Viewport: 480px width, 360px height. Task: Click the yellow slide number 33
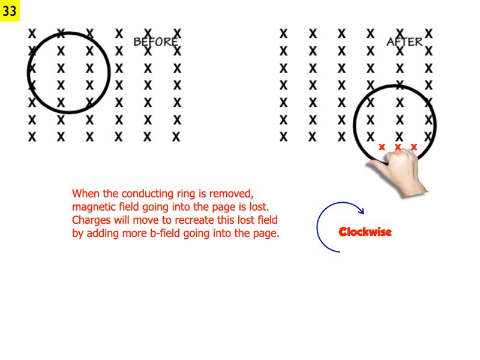click(x=10, y=11)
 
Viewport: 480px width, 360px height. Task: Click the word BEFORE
click(x=155, y=42)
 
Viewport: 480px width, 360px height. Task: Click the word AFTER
click(x=404, y=42)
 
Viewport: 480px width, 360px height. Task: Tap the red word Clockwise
click(x=365, y=232)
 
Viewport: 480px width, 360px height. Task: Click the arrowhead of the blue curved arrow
click(x=361, y=211)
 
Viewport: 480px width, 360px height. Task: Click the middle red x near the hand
click(x=397, y=146)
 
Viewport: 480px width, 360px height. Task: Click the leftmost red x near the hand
click(x=382, y=146)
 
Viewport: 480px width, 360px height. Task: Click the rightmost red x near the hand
click(x=413, y=146)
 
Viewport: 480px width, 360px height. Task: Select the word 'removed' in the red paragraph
click(x=236, y=194)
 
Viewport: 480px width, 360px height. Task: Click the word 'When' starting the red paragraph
click(x=85, y=194)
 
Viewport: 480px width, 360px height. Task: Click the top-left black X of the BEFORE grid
click(x=32, y=32)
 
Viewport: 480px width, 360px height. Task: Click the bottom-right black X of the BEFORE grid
click(x=176, y=137)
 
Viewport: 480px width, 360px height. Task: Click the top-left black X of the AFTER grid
click(x=284, y=32)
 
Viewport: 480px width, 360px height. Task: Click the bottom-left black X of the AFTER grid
click(x=284, y=137)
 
